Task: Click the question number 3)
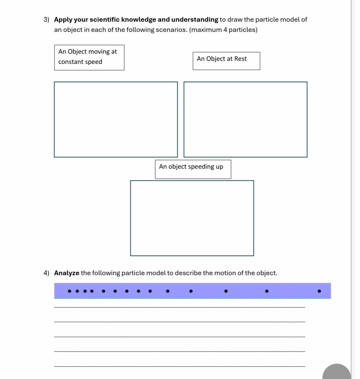point(47,20)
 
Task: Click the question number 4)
point(47,273)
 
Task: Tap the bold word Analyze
point(67,273)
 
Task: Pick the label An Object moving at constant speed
point(89,57)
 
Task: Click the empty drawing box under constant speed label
point(116,120)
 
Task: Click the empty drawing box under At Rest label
point(245,120)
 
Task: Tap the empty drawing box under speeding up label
point(192,218)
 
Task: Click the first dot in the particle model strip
point(69,291)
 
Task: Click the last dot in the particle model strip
point(319,291)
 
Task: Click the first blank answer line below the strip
point(180,307)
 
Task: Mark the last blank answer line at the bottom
point(180,366)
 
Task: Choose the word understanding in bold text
point(195,20)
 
